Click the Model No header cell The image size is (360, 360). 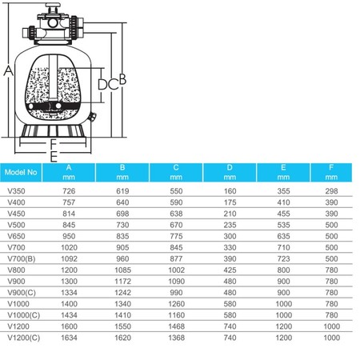21,172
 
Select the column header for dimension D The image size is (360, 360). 230,172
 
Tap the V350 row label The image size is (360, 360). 16,191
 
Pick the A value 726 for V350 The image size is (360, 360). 69,191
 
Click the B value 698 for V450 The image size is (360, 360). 122,214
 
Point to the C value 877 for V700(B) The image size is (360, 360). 176,258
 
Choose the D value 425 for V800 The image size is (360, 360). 230,270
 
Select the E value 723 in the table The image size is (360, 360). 283,258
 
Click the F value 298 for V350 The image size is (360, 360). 331,191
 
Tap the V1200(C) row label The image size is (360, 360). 24,338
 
